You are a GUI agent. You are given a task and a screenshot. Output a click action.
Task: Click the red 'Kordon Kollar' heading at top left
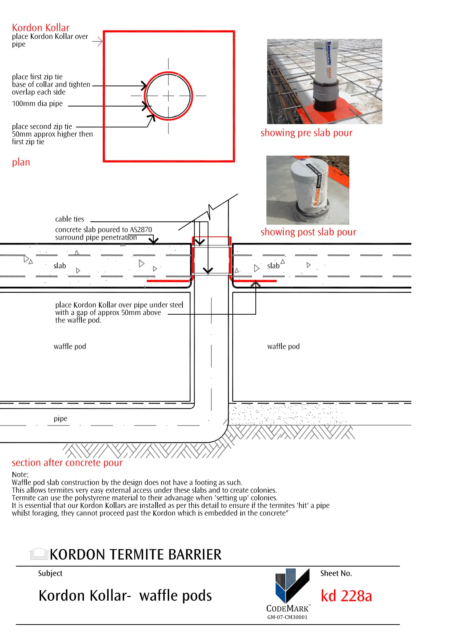click(x=40, y=28)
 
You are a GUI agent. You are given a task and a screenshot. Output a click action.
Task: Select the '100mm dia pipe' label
click(x=37, y=104)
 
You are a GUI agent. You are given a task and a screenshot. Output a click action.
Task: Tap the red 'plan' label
click(x=21, y=162)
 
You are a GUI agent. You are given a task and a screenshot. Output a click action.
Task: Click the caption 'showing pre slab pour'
click(x=306, y=133)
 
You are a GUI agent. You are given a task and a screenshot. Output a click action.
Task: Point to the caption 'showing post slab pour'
click(x=308, y=232)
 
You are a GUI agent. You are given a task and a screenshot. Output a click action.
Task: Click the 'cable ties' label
click(x=69, y=219)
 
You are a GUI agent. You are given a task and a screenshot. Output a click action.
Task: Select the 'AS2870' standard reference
click(x=141, y=230)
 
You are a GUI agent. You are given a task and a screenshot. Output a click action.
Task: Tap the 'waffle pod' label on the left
click(x=70, y=347)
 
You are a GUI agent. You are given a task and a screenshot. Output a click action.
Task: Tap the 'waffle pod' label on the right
click(x=283, y=347)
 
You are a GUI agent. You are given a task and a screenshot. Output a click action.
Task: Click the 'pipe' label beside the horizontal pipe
click(x=61, y=419)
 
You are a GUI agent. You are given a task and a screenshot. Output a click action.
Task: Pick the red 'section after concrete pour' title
click(x=67, y=463)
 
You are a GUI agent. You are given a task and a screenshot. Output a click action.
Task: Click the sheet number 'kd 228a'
click(x=346, y=596)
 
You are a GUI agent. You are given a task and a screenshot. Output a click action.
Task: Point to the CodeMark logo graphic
click(x=292, y=586)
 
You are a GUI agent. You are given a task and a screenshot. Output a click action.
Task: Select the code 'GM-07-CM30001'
click(x=287, y=617)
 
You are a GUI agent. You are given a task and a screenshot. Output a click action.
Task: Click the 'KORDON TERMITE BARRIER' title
click(x=136, y=554)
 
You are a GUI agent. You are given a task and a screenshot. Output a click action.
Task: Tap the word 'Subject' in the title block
click(x=50, y=574)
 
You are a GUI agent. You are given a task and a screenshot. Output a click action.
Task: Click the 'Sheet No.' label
click(x=336, y=574)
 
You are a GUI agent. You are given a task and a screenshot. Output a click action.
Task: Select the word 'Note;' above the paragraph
click(x=20, y=475)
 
